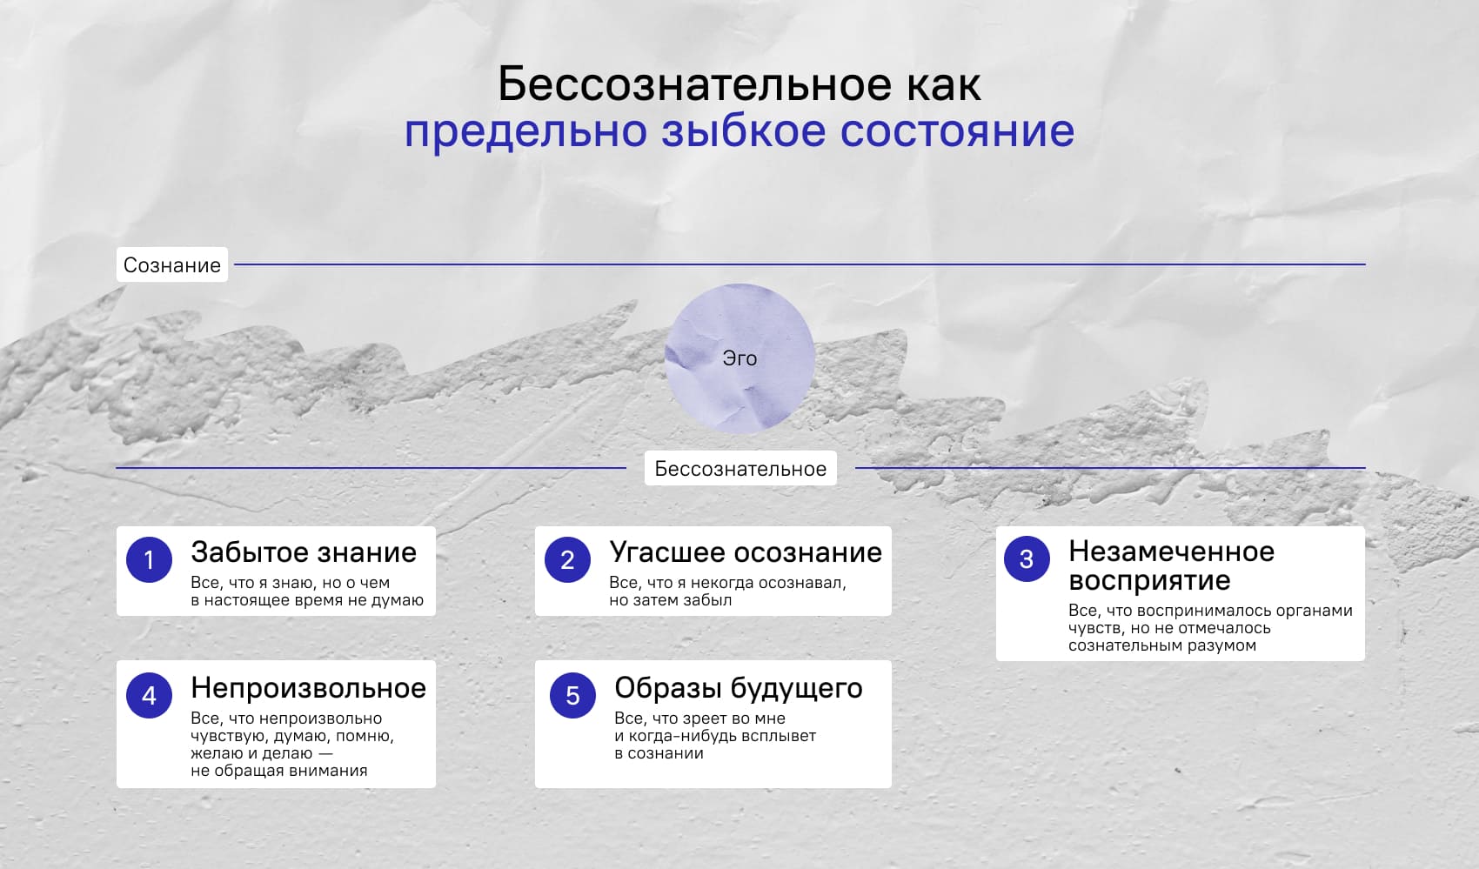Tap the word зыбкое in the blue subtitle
coord(744,130)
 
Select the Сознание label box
coord(172,264)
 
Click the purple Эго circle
coord(739,358)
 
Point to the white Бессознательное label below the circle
coord(740,468)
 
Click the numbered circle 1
coord(150,559)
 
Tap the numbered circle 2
coord(567,559)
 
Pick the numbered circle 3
coord(1027,558)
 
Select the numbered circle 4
coord(150,695)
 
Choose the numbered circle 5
coord(572,695)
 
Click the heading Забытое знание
coord(304,552)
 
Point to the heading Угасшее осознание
coord(746,552)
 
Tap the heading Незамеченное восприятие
coord(1171,566)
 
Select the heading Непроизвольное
coord(308,688)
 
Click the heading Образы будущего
coord(738,688)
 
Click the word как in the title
coord(944,84)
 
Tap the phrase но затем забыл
coord(670,600)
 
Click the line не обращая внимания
coord(278,771)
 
